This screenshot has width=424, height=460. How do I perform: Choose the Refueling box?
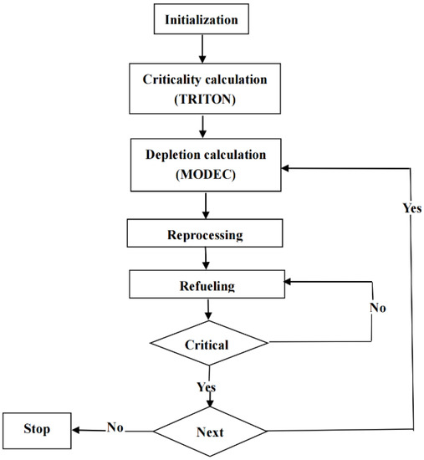(x=207, y=286)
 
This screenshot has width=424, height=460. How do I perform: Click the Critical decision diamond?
(x=207, y=342)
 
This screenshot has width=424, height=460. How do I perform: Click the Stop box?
(x=37, y=430)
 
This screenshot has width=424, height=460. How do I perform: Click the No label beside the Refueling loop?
(x=378, y=307)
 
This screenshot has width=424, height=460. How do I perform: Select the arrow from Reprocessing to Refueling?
(x=207, y=260)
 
